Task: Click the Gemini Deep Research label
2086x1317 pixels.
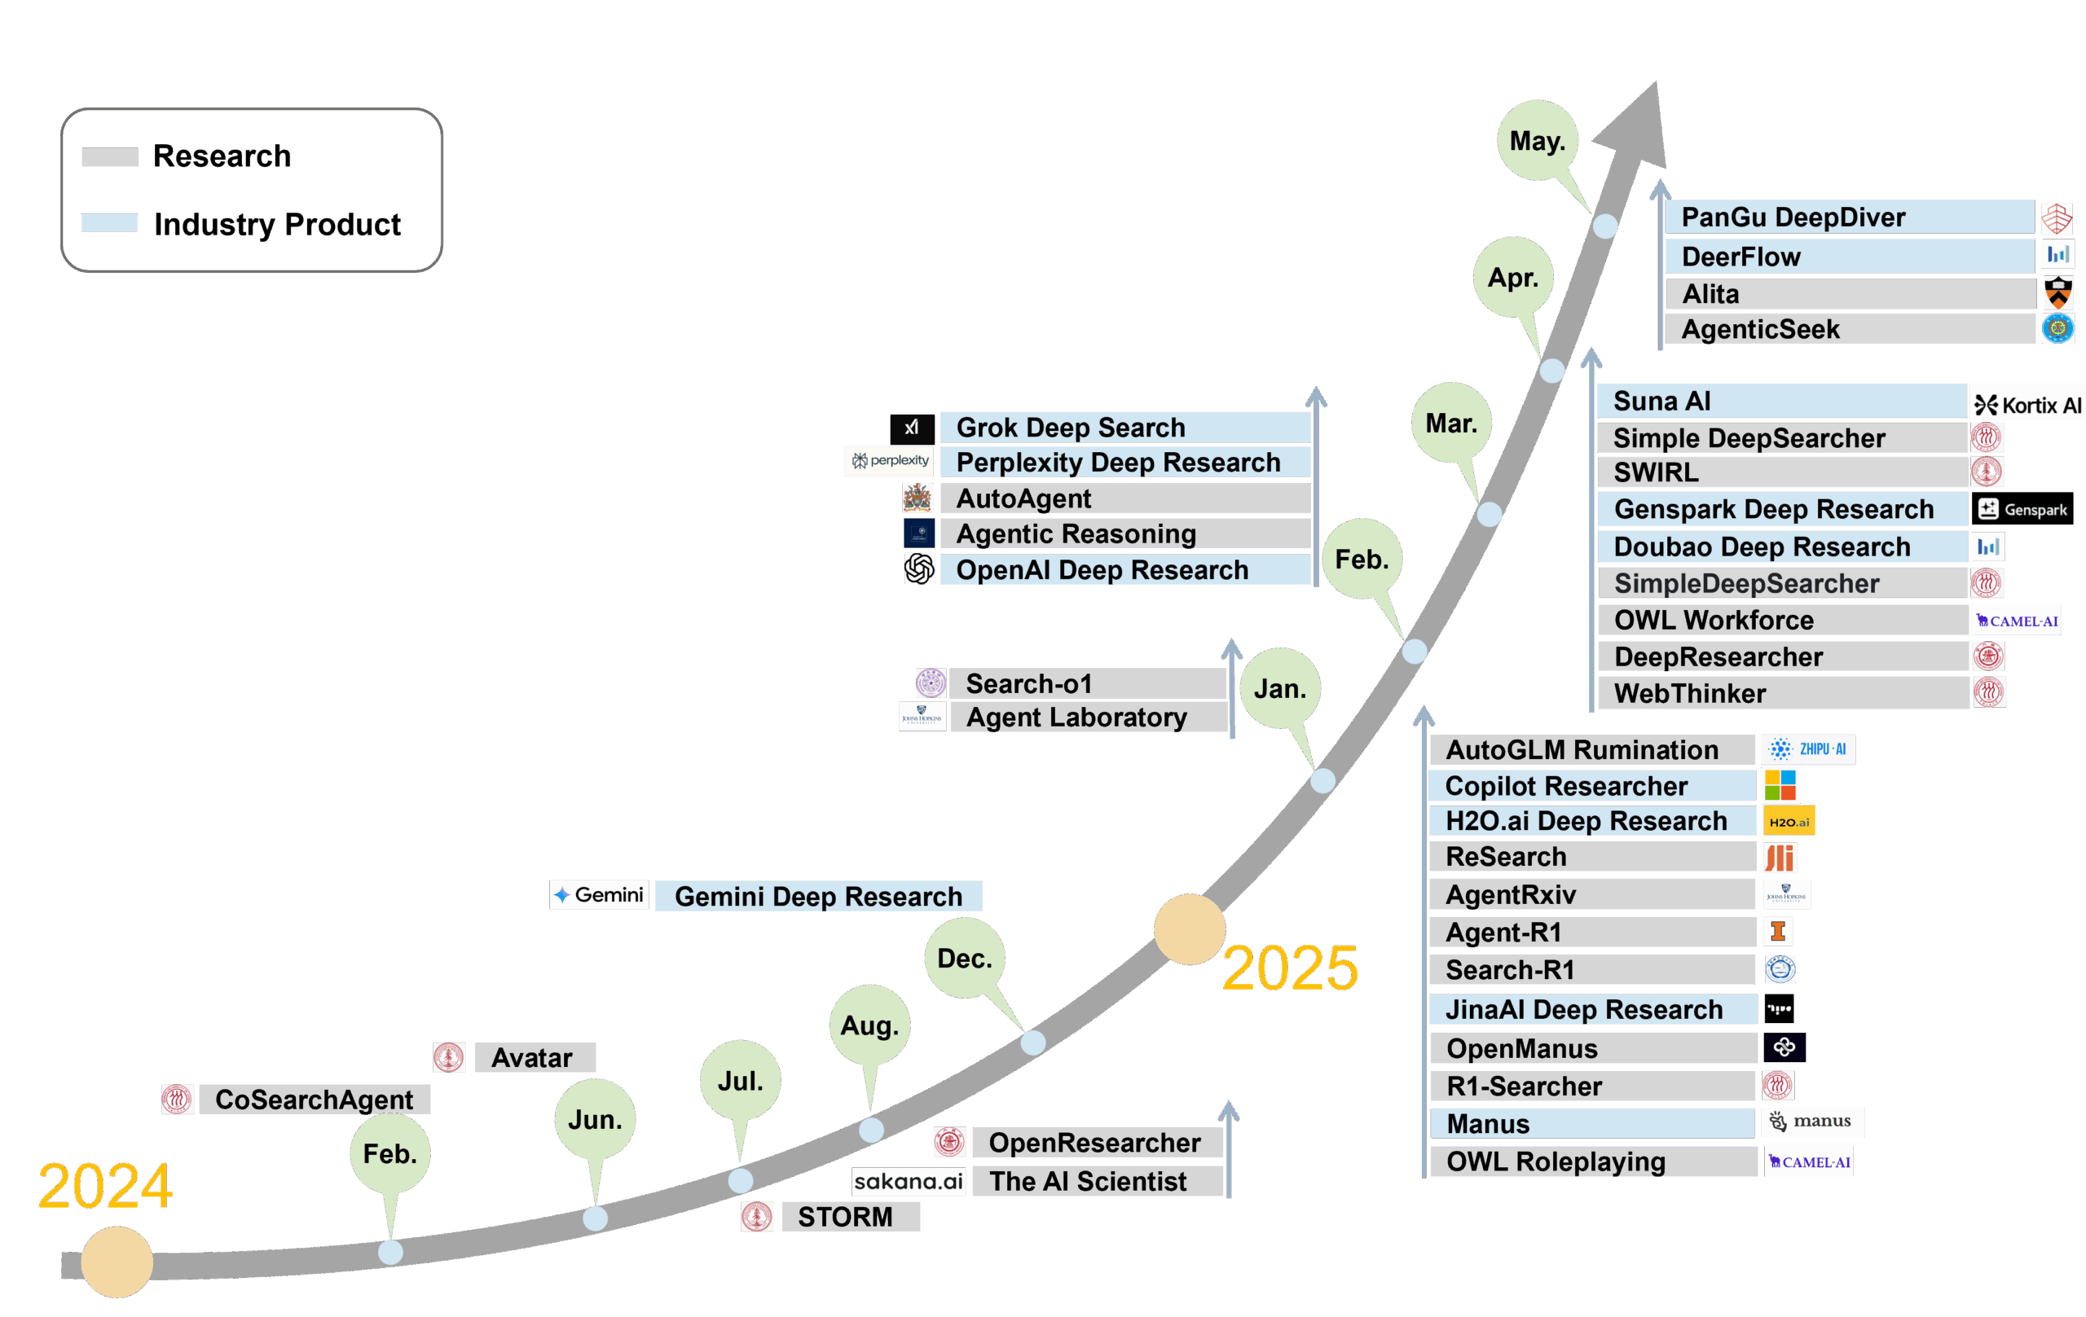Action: point(818,896)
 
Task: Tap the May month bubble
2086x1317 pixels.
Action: point(1537,140)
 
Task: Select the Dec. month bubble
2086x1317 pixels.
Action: point(964,959)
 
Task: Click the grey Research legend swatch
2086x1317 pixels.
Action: point(110,156)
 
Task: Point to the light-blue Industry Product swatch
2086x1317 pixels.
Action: point(109,222)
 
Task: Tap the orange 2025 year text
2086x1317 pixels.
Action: point(1290,968)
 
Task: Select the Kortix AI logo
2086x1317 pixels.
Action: point(2027,404)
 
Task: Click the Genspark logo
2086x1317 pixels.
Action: point(2022,509)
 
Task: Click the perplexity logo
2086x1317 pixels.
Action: point(890,461)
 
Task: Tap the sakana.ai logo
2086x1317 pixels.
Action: point(908,1181)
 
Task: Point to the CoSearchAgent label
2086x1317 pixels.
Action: point(314,1100)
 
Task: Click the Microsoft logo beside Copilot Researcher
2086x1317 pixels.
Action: point(1780,785)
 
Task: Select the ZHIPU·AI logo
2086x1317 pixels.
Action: point(1808,749)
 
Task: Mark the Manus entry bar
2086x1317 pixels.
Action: point(1592,1124)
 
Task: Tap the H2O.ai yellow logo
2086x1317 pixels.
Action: point(1789,821)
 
